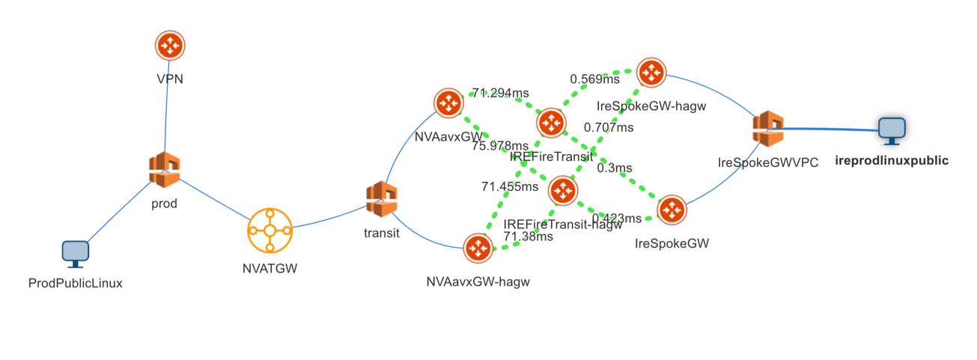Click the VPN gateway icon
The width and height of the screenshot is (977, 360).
(x=170, y=46)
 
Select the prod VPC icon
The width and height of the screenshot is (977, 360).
(x=165, y=169)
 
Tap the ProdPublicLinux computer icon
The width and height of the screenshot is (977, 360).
(x=75, y=254)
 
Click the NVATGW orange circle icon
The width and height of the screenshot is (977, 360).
(x=270, y=231)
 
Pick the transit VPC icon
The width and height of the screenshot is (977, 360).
(x=382, y=200)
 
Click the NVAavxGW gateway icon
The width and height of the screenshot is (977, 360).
(x=448, y=104)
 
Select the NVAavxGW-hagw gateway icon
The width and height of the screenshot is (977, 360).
(x=478, y=249)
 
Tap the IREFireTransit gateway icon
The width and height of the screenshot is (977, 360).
(x=551, y=123)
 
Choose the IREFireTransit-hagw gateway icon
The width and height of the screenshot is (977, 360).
(x=562, y=192)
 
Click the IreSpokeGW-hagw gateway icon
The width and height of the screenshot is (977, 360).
(x=651, y=73)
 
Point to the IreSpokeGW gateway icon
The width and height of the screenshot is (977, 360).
(x=672, y=210)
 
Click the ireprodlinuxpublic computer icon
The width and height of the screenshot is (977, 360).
(x=892, y=130)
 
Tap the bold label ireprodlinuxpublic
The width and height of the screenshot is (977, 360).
(x=891, y=160)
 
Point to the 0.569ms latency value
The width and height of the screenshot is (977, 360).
(x=594, y=79)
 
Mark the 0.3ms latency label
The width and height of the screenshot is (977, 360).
(x=614, y=168)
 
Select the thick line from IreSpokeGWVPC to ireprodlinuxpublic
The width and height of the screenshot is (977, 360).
(x=831, y=129)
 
